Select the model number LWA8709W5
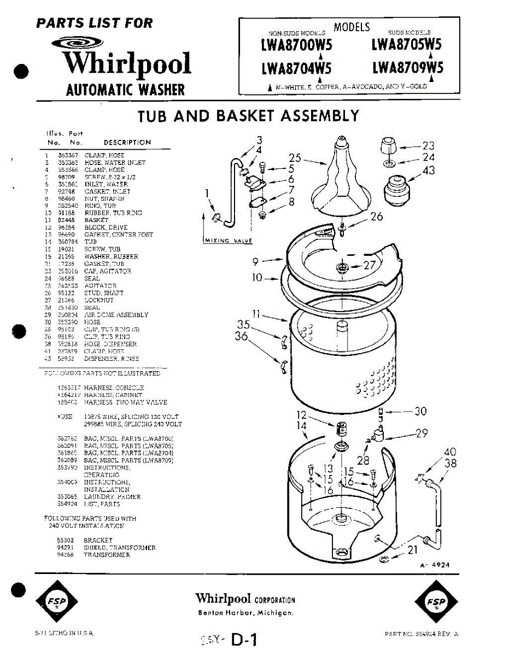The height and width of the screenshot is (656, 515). pos(407,67)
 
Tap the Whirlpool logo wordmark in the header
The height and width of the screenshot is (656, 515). pos(127,64)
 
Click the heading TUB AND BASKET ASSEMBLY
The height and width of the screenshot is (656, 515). pos(248,116)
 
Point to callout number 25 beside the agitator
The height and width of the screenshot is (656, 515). pos(295,159)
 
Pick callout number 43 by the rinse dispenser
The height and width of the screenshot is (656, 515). pos(428,171)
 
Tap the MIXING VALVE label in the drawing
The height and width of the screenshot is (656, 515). pos(225,240)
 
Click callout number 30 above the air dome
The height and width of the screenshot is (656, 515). pos(420,411)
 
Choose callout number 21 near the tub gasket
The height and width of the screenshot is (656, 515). pos(412,550)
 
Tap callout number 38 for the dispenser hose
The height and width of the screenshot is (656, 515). pos(449,462)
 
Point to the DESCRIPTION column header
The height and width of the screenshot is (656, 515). pos(127,142)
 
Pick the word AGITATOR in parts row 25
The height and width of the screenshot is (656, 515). pos(100,285)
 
